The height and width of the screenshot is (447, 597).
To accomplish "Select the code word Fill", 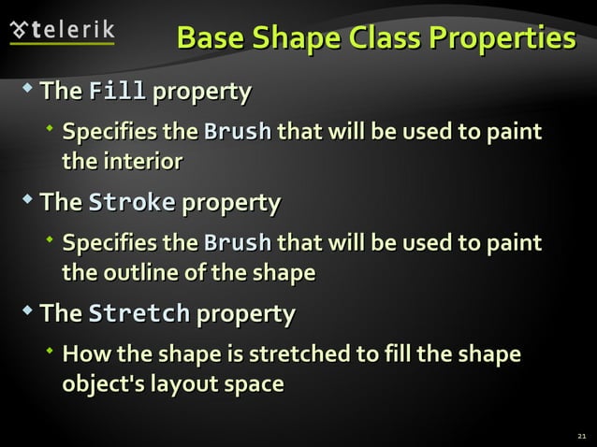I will pos(116,92).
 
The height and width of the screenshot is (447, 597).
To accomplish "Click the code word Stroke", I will pos(131,203).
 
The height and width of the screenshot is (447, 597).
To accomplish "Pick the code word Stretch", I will pos(138,313).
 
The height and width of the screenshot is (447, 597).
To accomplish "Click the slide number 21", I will pos(581,436).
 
